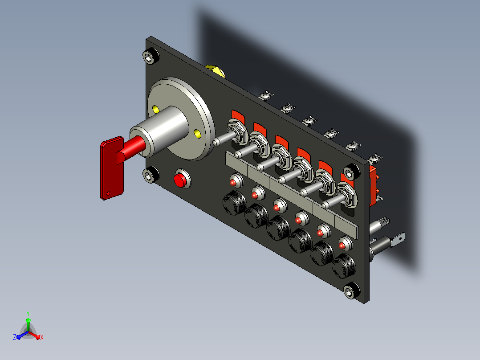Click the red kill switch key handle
pyautogui.click(x=112, y=168)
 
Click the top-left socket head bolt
pyautogui.click(x=151, y=56)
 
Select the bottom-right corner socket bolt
pyautogui.click(x=351, y=290)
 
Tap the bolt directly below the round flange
pyautogui.click(x=151, y=175)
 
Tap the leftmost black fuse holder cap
pyautogui.click(x=234, y=203)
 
